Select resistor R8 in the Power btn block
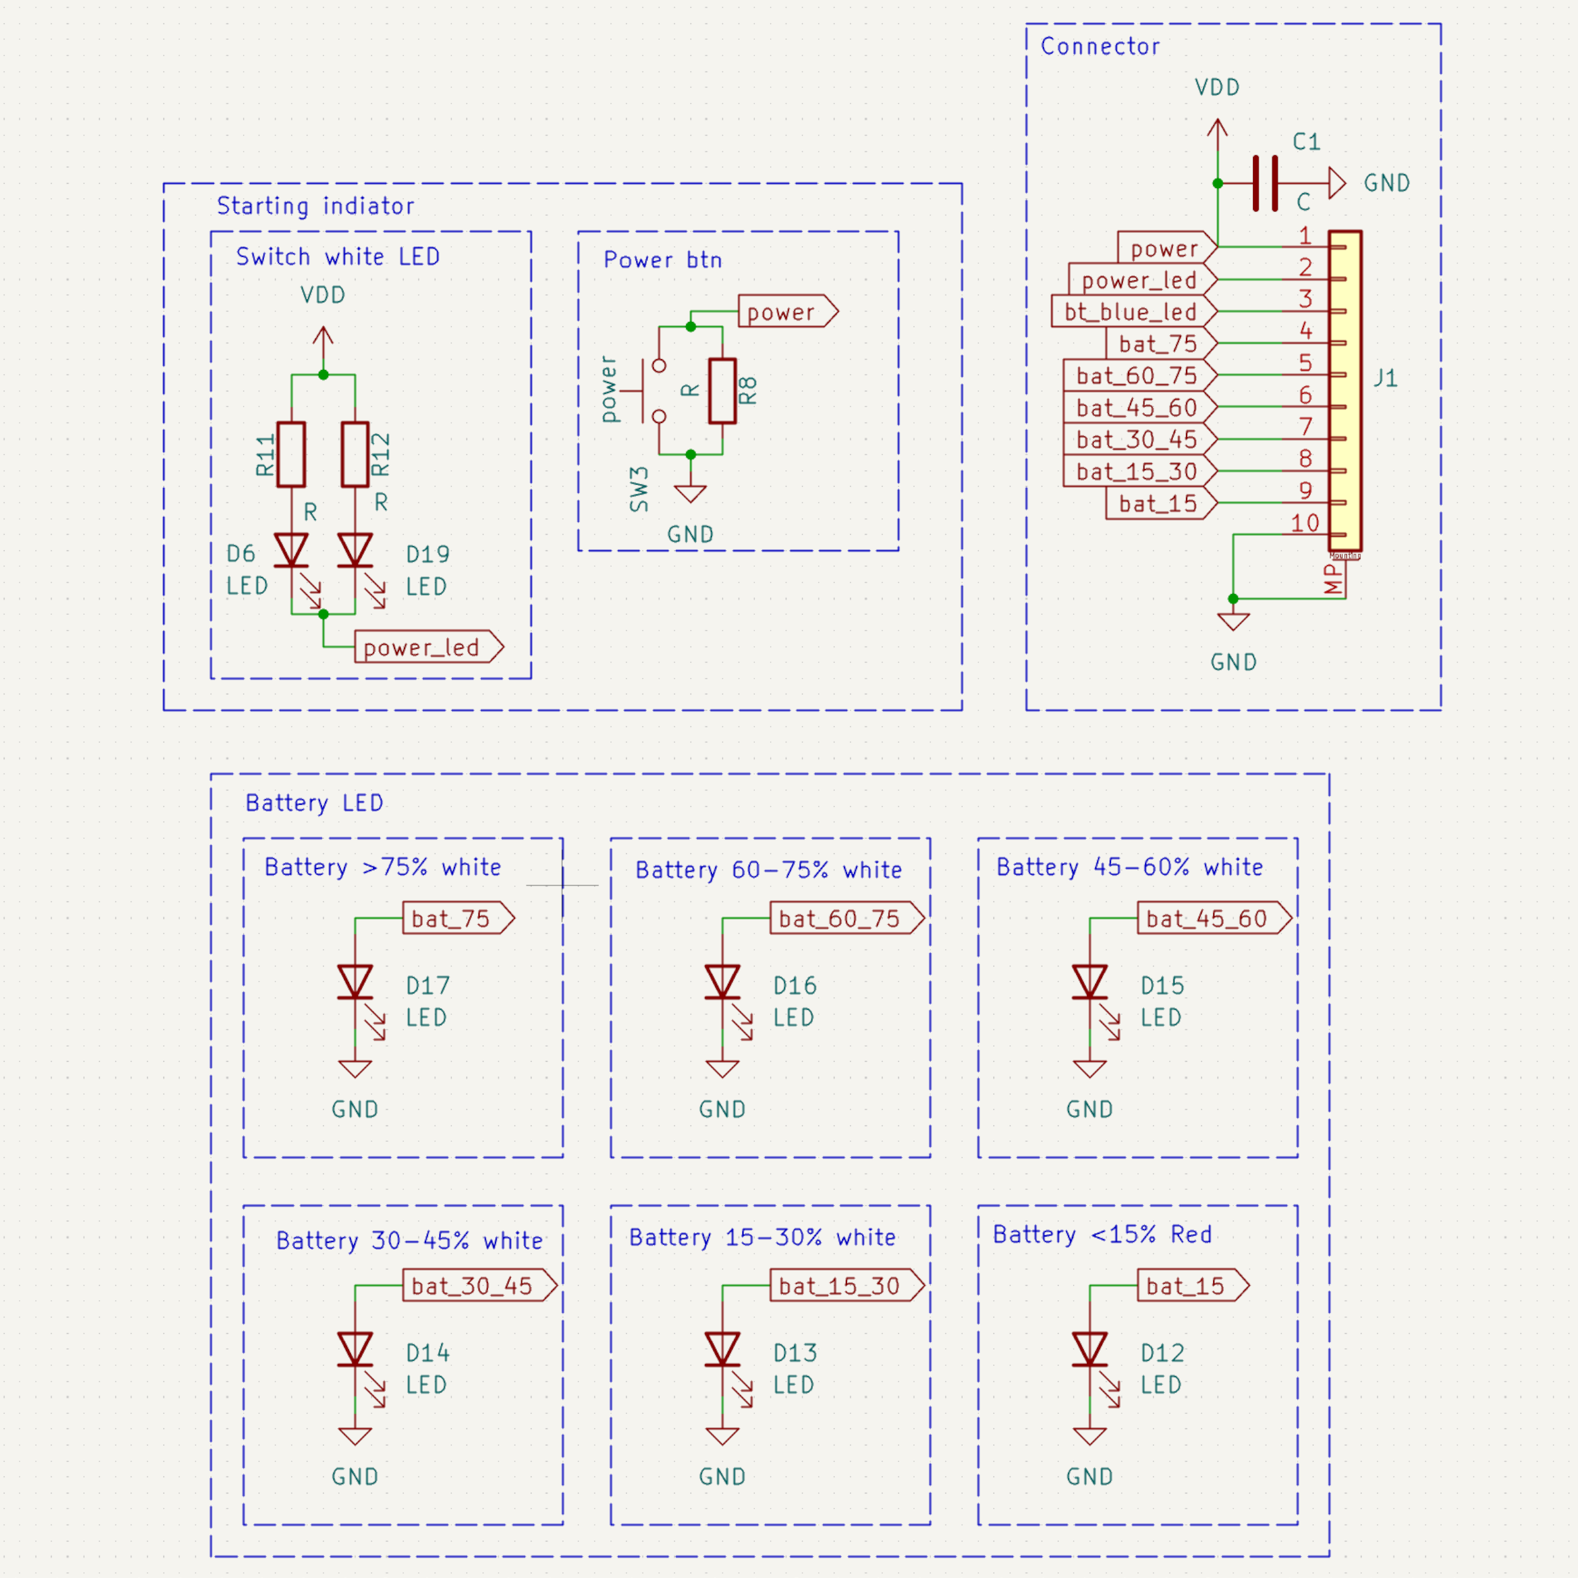click(x=722, y=391)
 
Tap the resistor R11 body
click(x=292, y=454)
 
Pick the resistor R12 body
click(x=355, y=454)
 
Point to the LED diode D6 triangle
click(x=292, y=550)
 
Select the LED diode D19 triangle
click(x=355, y=550)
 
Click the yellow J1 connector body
click(x=1344, y=391)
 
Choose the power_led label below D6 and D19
click(x=429, y=647)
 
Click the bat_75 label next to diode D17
click(x=458, y=918)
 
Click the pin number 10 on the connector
click(x=1305, y=523)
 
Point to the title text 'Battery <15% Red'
click(x=1102, y=1234)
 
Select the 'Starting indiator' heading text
click(x=315, y=206)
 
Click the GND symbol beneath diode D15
click(x=1089, y=1069)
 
